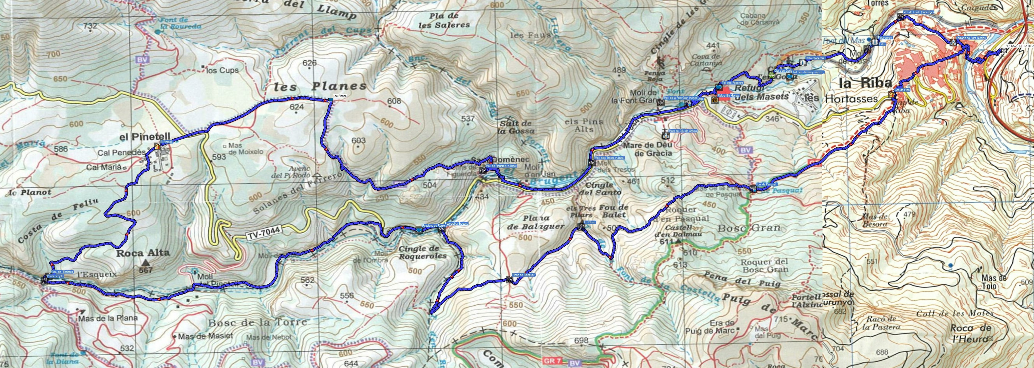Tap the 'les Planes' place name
point(320,86)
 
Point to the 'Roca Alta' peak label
point(143,253)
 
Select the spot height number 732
point(91,26)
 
